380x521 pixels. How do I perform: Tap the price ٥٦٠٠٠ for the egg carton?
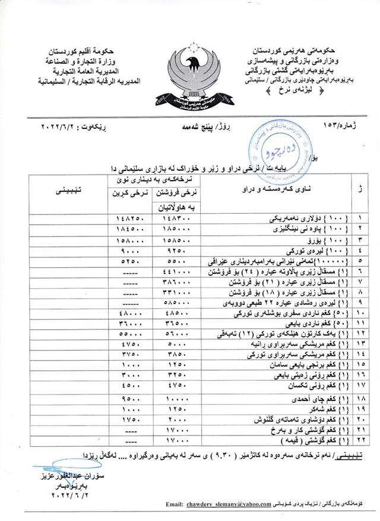pos(176,334)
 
